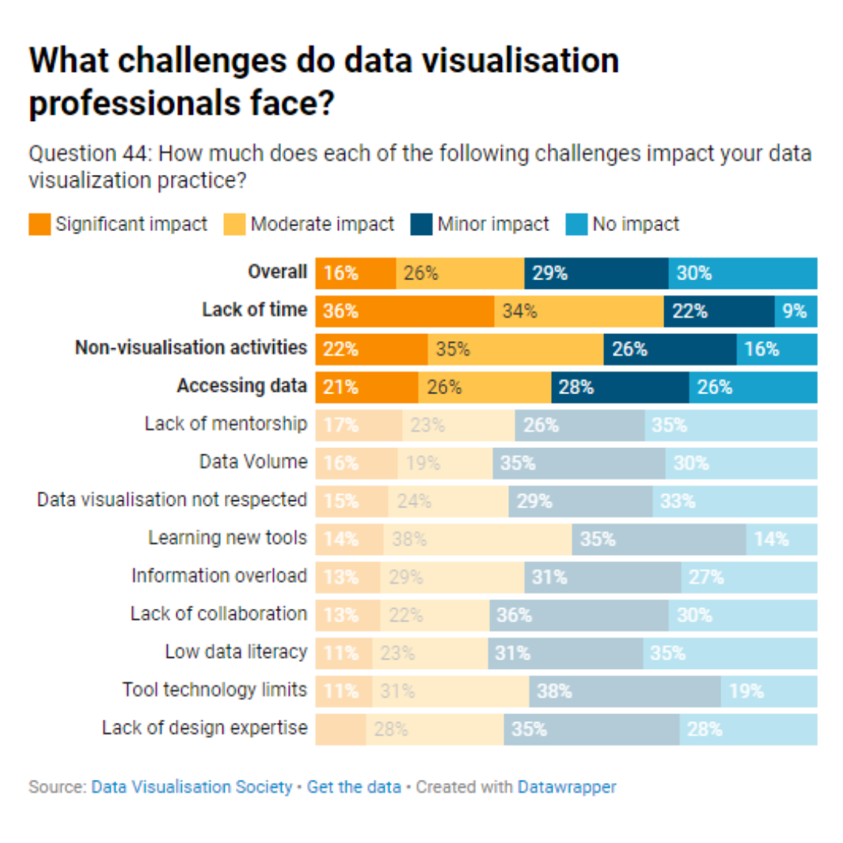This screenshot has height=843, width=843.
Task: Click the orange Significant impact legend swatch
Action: [39, 225]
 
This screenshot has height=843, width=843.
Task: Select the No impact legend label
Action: [635, 225]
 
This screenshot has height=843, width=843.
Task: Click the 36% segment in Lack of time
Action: [404, 311]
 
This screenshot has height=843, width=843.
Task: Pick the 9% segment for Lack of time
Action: [795, 311]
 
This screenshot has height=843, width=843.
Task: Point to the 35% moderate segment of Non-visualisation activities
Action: [515, 349]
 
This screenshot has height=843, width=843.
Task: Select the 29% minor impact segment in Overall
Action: [596, 272]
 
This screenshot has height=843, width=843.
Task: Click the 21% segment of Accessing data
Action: [367, 386]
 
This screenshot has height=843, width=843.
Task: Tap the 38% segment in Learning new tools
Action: [478, 539]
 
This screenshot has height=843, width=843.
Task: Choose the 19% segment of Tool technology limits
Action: [768, 691]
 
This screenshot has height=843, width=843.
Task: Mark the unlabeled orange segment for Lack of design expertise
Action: [340, 729]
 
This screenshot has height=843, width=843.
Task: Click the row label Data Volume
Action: [253, 462]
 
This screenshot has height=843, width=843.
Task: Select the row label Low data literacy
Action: [236, 653]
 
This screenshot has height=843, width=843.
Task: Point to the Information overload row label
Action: [219, 576]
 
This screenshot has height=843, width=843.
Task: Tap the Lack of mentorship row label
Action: [226, 424]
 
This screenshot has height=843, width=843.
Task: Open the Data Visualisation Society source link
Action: [192, 787]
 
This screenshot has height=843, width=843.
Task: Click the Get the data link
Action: [354, 787]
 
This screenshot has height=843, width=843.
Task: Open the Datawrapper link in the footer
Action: [567, 787]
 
